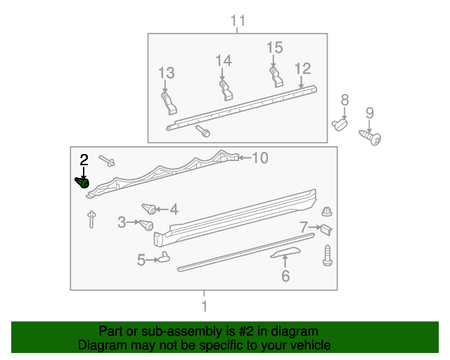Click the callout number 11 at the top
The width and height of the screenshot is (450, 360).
[x=238, y=20]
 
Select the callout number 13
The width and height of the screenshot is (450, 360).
[x=166, y=73]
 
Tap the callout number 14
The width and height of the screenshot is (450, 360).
[x=223, y=61]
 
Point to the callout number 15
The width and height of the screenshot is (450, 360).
[x=274, y=48]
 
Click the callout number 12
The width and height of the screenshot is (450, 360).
[x=302, y=68]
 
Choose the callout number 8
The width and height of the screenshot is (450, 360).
[x=345, y=99]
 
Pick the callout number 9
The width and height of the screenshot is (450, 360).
[x=369, y=112]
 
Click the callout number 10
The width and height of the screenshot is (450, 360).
[x=260, y=158]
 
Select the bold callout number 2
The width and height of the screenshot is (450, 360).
[x=84, y=160]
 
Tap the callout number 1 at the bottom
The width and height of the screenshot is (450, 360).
[x=204, y=306]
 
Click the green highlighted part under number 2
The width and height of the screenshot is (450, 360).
[x=82, y=183]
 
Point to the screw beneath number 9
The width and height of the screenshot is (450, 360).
[x=371, y=136]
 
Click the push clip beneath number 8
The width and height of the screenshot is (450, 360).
[x=341, y=124]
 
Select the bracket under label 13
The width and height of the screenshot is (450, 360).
[x=169, y=103]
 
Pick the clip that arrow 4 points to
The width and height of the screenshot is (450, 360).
[x=148, y=208]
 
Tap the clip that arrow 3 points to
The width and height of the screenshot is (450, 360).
[x=146, y=225]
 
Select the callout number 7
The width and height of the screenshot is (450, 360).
[x=304, y=227]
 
